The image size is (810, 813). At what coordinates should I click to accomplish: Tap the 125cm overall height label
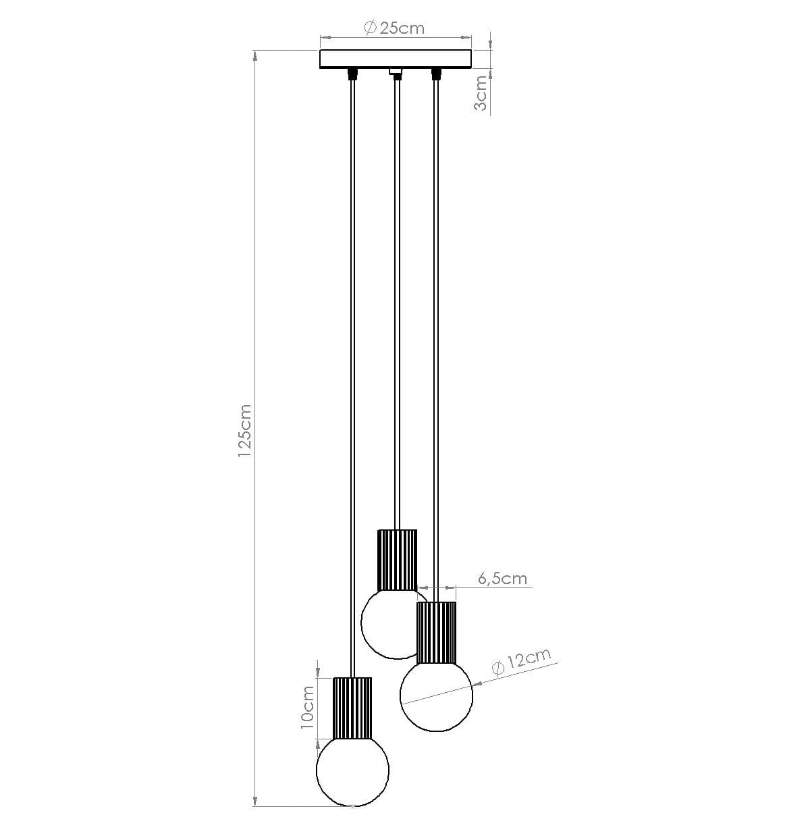(244, 431)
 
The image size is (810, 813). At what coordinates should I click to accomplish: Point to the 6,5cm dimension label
(502, 578)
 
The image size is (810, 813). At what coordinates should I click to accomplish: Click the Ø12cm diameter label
(521, 661)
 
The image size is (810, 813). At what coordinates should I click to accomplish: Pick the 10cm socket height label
(307, 705)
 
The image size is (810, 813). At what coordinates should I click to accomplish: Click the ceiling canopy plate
(395, 59)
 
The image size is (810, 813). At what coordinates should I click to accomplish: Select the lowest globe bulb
(353, 770)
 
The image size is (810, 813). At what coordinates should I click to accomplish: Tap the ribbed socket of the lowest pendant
(352, 708)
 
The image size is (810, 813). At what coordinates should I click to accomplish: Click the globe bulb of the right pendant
(436, 697)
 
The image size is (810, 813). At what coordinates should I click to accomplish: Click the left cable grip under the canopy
(352, 73)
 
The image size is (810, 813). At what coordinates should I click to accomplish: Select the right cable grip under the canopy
(436, 73)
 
